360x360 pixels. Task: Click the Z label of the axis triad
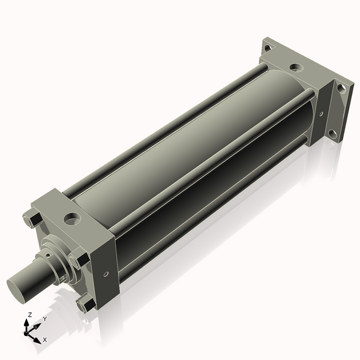[30, 314]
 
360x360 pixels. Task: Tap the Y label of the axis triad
[44, 319]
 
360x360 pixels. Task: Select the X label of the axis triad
[44, 340]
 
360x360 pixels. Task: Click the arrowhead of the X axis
[37, 336]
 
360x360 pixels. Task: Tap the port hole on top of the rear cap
[296, 67]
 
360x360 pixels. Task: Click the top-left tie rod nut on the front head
[28, 220]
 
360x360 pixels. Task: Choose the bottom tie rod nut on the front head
[85, 304]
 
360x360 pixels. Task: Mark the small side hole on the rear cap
[321, 113]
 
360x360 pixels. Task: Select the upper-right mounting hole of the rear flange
[340, 88]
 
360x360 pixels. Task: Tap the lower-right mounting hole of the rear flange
[332, 133]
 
